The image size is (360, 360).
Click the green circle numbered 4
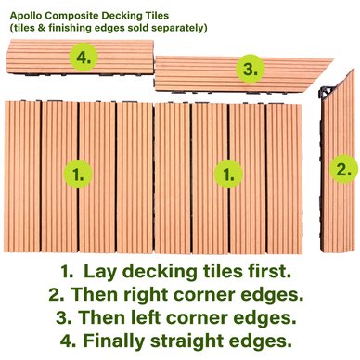coord(83,58)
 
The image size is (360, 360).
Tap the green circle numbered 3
coord(251,69)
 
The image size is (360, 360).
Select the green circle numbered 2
coord(343,170)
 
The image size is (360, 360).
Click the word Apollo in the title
coord(24,16)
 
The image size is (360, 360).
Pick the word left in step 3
coord(149,317)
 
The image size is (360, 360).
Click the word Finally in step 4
coord(114,341)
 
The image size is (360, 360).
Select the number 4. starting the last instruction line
coord(69,341)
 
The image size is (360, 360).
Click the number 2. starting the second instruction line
coord(57,294)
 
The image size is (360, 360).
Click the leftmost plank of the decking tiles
coord(22,176)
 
